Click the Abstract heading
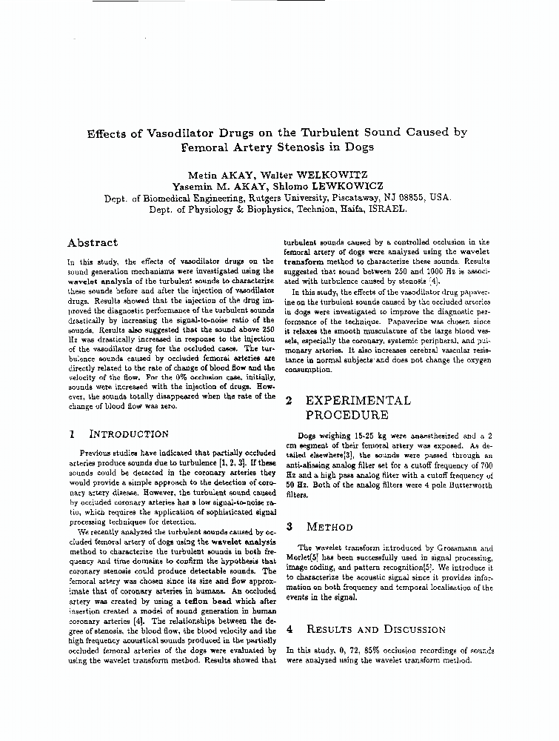coord(92,242)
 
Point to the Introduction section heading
coord(129,433)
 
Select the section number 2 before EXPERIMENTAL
coord(289,400)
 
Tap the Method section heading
coord(329,527)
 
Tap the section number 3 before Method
coord(289,527)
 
